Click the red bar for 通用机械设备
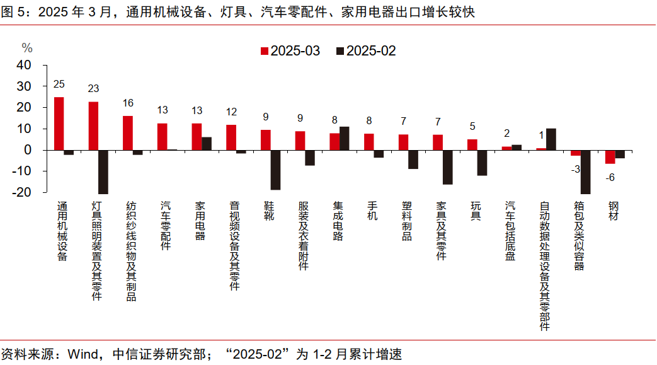59,124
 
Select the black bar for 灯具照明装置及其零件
103,171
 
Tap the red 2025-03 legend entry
290,51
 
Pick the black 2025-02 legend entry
366,51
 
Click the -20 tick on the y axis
22,192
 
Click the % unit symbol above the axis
26,48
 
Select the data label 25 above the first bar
59,84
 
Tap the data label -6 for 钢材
610,178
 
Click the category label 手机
370,212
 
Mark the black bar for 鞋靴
275,170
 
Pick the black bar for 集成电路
345,138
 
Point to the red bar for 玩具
472,144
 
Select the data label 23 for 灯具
94,89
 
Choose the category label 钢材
613,212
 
